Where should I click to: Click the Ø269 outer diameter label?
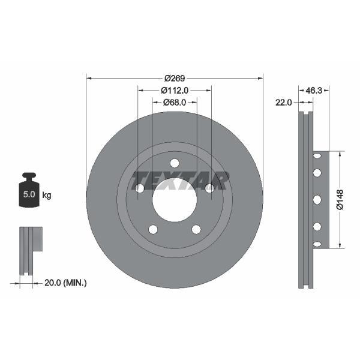[175, 78]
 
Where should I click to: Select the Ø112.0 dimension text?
[175, 90]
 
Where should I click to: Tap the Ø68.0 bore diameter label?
[175, 103]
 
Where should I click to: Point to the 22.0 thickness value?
[284, 103]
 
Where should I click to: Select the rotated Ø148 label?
[340, 199]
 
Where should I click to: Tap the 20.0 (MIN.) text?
[67, 282]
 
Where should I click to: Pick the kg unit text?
[47, 195]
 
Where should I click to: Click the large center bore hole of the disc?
[175, 199]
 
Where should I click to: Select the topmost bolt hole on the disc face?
[175, 163]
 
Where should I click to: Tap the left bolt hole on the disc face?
[140, 188]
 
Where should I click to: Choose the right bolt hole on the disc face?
[209, 188]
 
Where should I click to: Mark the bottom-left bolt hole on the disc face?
[153, 229]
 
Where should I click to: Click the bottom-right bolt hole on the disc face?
[196, 229]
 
